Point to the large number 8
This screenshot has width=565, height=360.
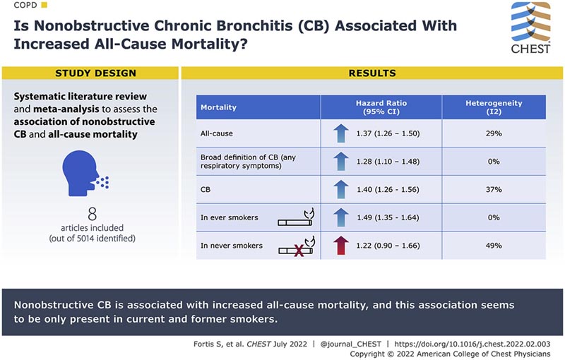tap(92, 213)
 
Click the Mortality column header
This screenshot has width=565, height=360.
tap(219, 107)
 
